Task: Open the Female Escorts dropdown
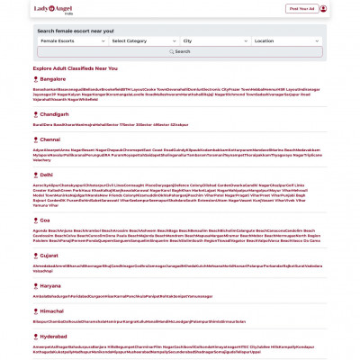tap(71, 41)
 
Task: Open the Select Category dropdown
tap(141, 41)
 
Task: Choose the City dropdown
tap(212, 41)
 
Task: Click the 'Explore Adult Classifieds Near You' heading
tap(74, 68)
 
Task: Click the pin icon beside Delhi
tap(34, 174)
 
